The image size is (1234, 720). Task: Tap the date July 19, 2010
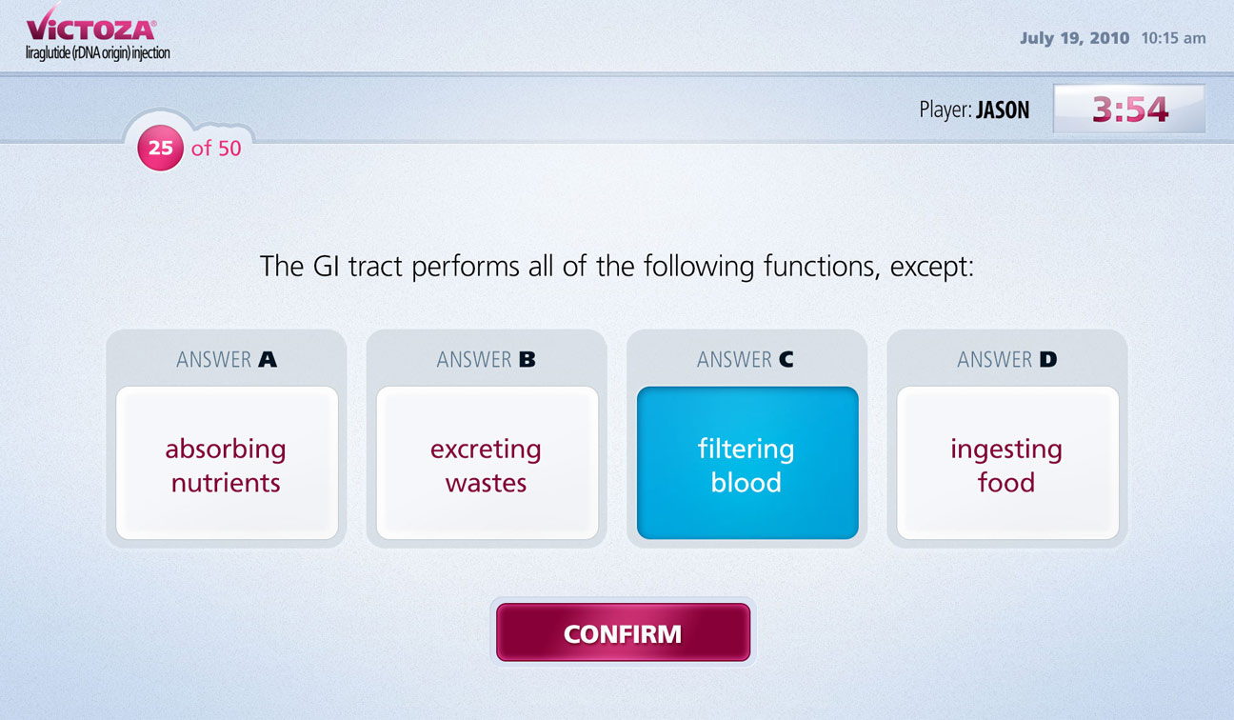[x=1074, y=38]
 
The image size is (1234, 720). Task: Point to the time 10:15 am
[x=1173, y=38]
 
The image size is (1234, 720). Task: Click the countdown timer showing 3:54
[x=1130, y=110]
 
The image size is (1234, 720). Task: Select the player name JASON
[x=1003, y=110]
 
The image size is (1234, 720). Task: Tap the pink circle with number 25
[x=160, y=148]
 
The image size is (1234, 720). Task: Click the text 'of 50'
[x=216, y=149]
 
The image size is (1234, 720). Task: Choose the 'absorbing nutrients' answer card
[x=227, y=463]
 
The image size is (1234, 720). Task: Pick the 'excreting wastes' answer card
[x=487, y=463]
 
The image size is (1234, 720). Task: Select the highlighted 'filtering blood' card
[x=747, y=463]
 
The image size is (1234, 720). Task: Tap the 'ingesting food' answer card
[x=1007, y=463]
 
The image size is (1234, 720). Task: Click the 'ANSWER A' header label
[x=227, y=360]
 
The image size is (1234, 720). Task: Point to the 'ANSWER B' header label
[x=486, y=360]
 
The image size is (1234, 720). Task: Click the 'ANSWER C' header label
[x=746, y=360]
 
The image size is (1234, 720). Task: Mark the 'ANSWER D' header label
[x=1007, y=360]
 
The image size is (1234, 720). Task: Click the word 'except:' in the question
[x=932, y=268]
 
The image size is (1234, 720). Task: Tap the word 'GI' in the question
[x=327, y=267]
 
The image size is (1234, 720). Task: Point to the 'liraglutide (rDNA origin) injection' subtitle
[x=98, y=53]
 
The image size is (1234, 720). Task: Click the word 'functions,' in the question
[x=822, y=268]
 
